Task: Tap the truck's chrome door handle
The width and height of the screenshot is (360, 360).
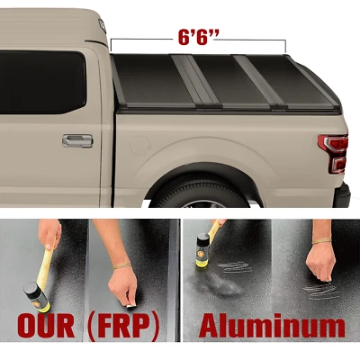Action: tap(76, 140)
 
